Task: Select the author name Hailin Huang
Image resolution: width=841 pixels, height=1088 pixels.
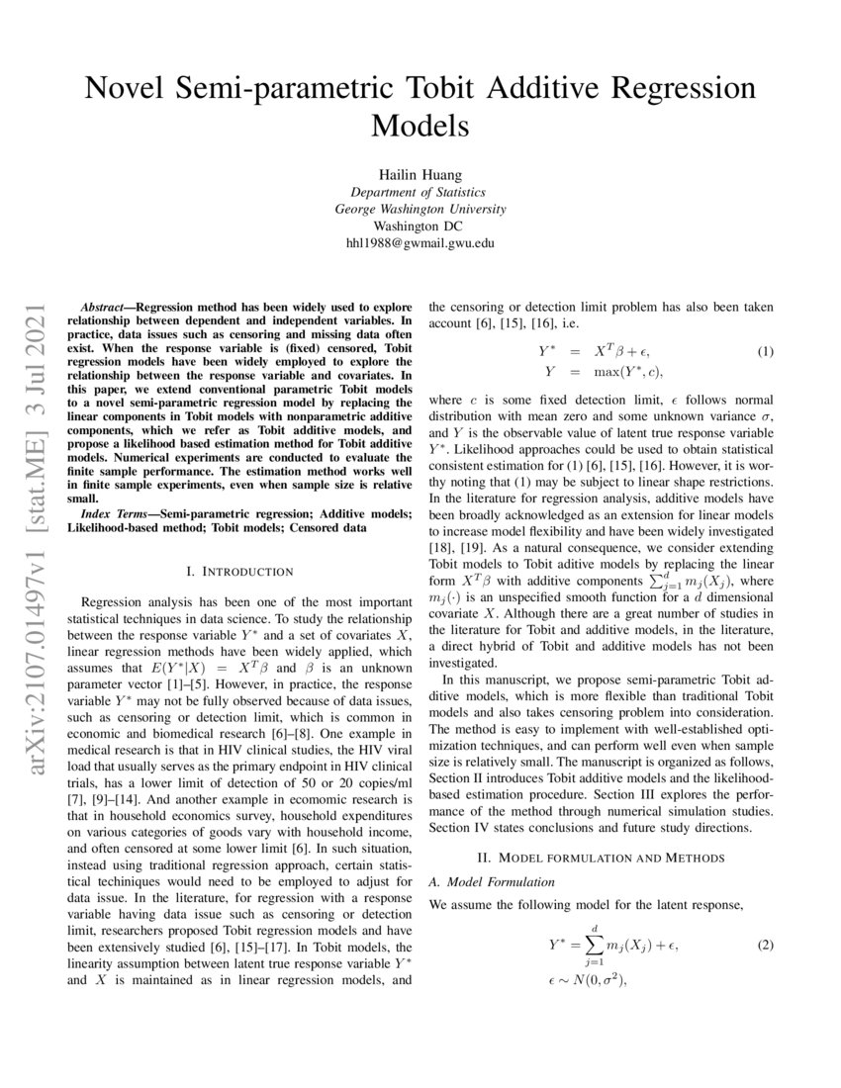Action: coord(420,171)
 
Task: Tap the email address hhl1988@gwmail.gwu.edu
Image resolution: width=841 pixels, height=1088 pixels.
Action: coord(420,242)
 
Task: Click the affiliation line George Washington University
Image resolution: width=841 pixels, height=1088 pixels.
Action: coord(420,208)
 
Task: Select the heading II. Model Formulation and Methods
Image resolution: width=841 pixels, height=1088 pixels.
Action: coord(601,856)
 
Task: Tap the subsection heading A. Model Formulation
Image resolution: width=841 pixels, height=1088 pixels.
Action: coord(491,880)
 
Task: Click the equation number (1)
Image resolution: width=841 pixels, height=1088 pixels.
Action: coord(765,351)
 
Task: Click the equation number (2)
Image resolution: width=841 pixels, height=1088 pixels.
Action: coord(765,945)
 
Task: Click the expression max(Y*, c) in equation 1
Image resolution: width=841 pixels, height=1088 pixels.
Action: coord(627,371)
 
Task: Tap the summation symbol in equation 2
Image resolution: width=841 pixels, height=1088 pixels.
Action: coord(596,946)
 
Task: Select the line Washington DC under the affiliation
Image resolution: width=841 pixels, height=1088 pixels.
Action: coord(420,226)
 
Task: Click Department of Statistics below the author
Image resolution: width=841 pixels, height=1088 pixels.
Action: coord(420,191)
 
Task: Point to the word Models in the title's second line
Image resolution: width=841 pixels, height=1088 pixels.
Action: coord(420,127)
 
